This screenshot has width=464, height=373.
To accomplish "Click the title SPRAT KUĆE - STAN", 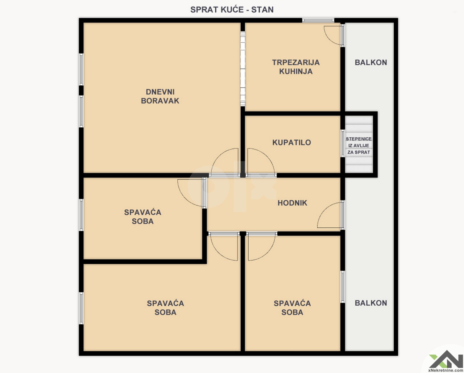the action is pyautogui.click(x=232, y=10).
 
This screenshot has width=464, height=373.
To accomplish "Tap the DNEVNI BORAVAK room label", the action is pyautogui.click(x=160, y=96).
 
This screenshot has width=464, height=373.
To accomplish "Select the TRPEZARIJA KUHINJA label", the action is pyautogui.click(x=296, y=67).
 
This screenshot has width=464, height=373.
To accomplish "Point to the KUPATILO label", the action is pyautogui.click(x=291, y=142).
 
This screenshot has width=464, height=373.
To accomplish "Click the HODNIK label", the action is pyautogui.click(x=293, y=203).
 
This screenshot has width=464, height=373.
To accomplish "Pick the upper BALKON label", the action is pyautogui.click(x=371, y=63).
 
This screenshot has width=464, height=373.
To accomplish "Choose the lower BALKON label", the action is pyautogui.click(x=371, y=303).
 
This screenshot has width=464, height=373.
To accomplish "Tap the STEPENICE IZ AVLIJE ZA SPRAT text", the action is pyautogui.click(x=359, y=146).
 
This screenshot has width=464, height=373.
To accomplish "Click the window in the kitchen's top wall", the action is pyautogui.click(x=318, y=20).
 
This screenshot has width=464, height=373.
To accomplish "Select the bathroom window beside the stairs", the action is pyautogui.click(x=343, y=143).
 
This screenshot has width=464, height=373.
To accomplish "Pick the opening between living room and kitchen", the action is pyautogui.click(x=243, y=68).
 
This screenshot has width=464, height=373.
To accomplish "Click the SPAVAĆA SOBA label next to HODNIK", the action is pyautogui.click(x=142, y=217).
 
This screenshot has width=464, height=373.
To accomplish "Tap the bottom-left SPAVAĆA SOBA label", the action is pyautogui.click(x=165, y=308).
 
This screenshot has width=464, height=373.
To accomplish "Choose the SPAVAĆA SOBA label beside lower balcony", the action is pyautogui.click(x=292, y=308).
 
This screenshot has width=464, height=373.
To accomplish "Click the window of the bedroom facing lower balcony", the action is pyautogui.click(x=343, y=286).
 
